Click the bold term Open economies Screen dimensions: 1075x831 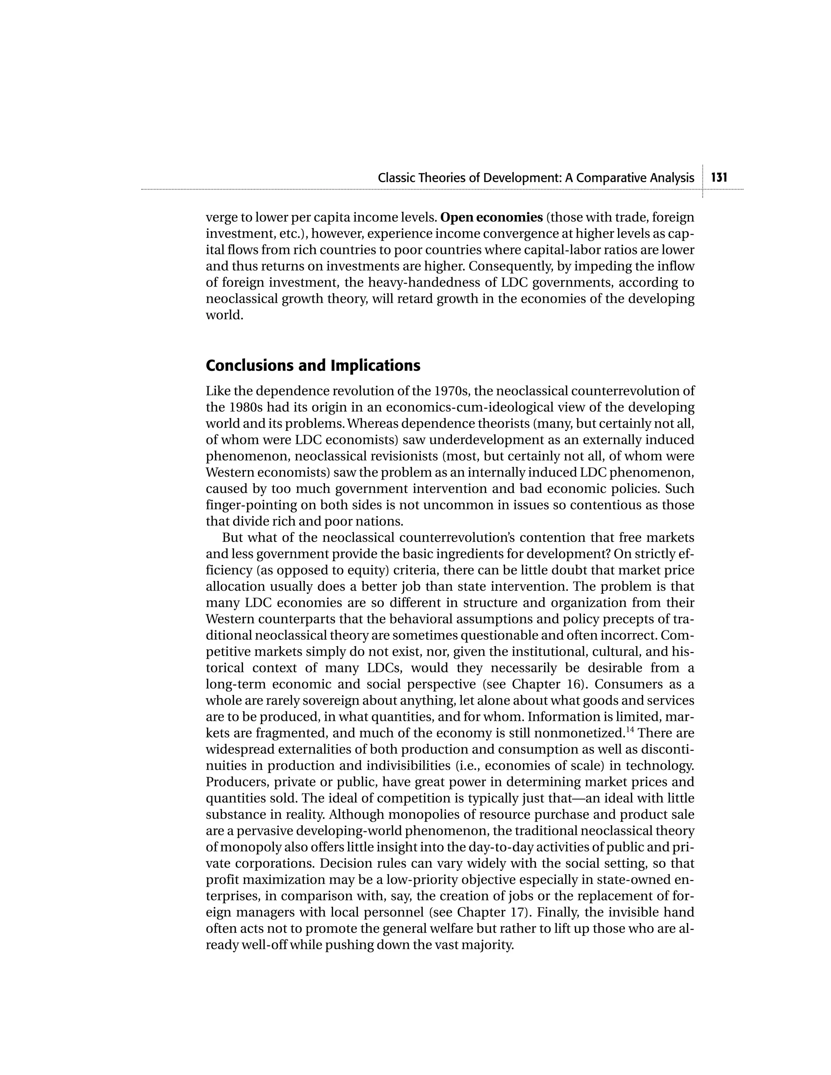pyautogui.click(x=491, y=217)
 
